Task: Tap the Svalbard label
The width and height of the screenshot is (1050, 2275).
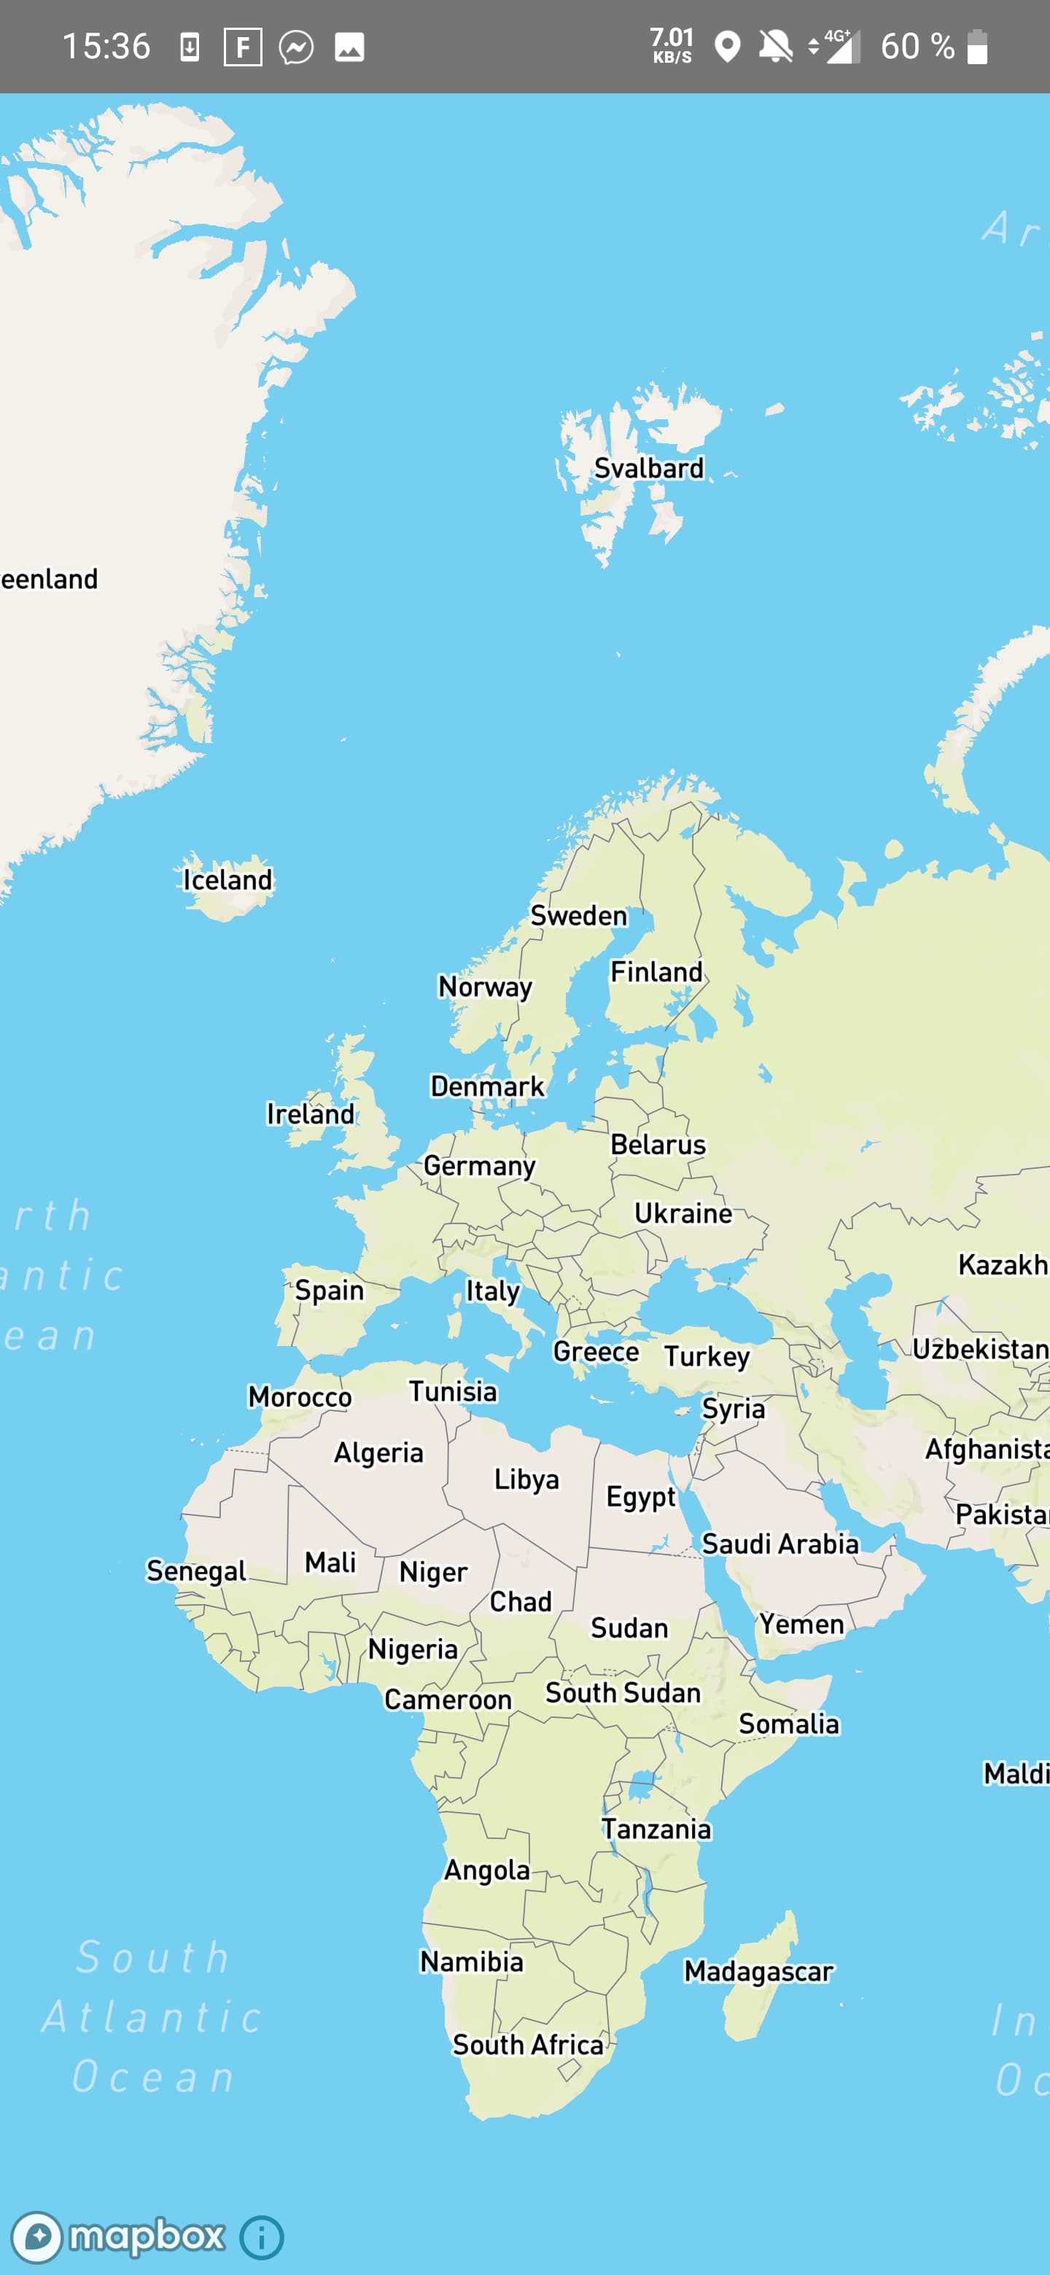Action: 648,468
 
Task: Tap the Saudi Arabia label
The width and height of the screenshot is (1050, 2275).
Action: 779,1544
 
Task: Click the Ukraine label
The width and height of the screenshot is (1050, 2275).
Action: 682,1213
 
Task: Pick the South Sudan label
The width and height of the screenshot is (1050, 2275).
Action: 623,1692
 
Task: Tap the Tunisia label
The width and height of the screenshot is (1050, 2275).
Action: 452,1392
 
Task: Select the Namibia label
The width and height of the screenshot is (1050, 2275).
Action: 472,1961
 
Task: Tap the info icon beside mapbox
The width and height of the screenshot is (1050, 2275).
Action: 261,2237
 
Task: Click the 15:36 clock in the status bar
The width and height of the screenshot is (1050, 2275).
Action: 106,46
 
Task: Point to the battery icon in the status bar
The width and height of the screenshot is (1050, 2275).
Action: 976,47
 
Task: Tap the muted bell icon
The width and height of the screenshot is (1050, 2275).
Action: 775,46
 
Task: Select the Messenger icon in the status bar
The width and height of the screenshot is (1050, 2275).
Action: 296,47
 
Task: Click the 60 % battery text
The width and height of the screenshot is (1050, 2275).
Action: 917,47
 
